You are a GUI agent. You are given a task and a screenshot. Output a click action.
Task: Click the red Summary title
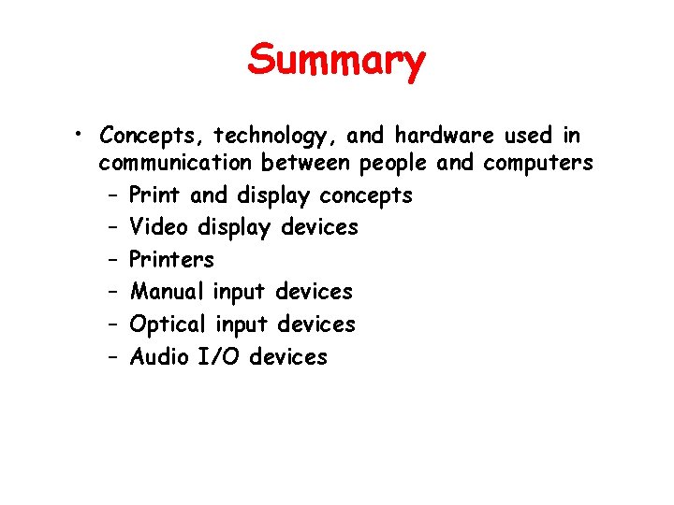[336, 62]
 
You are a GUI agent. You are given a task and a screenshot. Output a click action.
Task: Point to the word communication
[176, 164]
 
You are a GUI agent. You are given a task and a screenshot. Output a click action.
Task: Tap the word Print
[156, 195]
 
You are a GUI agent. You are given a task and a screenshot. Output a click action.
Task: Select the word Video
[160, 227]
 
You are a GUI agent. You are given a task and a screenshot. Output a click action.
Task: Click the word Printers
[171, 259]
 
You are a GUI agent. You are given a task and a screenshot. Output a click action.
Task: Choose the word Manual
[167, 292]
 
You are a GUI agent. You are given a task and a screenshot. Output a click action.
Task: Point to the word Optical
[168, 325]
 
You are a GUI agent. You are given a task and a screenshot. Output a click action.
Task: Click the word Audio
[160, 356]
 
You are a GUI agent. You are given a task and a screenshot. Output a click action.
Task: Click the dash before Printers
[111, 260]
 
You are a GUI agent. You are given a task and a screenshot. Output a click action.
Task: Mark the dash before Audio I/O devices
[111, 357]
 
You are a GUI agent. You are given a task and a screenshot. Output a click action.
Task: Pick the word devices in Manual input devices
[314, 292]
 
